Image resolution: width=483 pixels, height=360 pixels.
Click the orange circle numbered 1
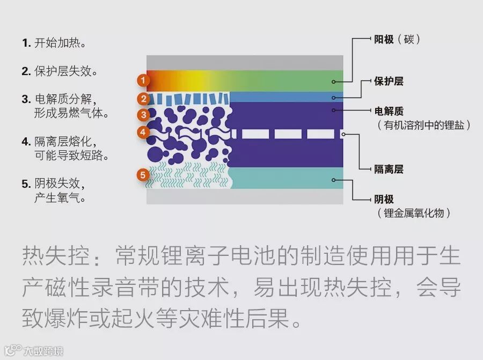pyautogui.click(x=142, y=81)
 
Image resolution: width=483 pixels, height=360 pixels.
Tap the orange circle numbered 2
pyautogui.click(x=143, y=99)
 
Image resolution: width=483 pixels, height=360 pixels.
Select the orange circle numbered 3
pyautogui.click(x=143, y=115)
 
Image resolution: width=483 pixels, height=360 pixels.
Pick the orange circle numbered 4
pyautogui.click(x=142, y=131)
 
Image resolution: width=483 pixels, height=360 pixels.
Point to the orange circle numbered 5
pyautogui.click(x=142, y=175)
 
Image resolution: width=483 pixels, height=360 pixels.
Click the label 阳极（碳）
pyautogui.click(x=397, y=39)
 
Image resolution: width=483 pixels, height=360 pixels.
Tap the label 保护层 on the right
pyautogui.click(x=389, y=82)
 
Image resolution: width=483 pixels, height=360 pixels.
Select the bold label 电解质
pyautogui.click(x=389, y=111)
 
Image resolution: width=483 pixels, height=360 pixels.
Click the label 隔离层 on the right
pyautogui.click(x=389, y=170)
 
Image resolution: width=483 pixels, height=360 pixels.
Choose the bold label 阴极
pyautogui.click(x=384, y=199)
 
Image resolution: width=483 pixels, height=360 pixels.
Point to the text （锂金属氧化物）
pyautogui.click(x=414, y=213)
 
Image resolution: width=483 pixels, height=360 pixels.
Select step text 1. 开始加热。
pyautogui.click(x=54, y=43)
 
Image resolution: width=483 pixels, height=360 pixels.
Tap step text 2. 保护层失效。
pyautogui.click(x=60, y=71)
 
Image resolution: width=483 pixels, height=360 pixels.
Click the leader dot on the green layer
pyautogui.click(x=334, y=82)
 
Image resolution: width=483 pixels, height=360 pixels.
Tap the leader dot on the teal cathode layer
pyautogui.click(x=334, y=180)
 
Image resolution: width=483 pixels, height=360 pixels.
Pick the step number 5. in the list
pyautogui.click(x=26, y=184)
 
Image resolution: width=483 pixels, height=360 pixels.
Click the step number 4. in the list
pyautogui.click(x=26, y=142)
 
